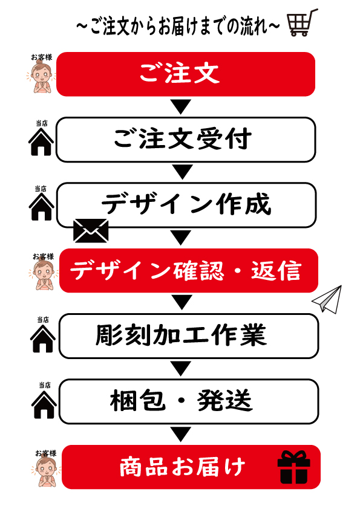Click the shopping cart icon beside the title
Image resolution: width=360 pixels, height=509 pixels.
coord(302,24)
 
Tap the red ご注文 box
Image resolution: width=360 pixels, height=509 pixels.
coord(186,74)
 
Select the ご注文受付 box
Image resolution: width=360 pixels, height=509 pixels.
coord(186,140)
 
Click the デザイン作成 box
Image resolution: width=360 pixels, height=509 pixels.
coord(186,205)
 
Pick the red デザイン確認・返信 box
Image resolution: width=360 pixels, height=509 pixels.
coord(188,271)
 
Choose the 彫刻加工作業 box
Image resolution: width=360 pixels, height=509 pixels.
coord(189,336)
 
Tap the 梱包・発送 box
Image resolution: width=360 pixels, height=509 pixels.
coord(189,401)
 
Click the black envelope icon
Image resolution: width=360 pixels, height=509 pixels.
coord(91,231)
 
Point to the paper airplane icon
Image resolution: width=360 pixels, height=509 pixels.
coord(327,299)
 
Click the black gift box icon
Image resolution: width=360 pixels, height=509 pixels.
coord(293,467)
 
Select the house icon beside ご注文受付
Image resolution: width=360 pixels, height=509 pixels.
coord(41,142)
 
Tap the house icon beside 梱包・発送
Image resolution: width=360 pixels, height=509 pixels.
coord(44,404)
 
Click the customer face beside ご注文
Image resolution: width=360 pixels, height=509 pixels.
coord(41,77)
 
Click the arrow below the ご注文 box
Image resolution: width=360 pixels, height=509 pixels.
coord(181,107)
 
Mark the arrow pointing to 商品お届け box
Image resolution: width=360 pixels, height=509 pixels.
coord(181,434)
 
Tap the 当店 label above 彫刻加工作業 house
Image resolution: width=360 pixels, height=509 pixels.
coord(43,320)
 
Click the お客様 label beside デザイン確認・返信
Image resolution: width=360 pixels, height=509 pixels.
coord(43,257)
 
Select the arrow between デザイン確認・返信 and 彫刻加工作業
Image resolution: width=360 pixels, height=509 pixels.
coord(182,302)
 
